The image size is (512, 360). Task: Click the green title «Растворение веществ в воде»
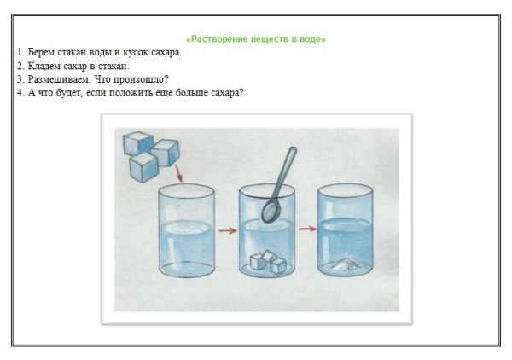pyautogui.click(x=256, y=38)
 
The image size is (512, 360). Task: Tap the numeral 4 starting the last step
pyautogui.click(x=19, y=93)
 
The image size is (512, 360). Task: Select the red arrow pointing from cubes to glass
pyautogui.click(x=177, y=176)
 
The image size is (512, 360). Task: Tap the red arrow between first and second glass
pyautogui.click(x=225, y=229)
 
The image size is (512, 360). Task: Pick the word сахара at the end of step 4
pyautogui.click(x=228, y=93)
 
